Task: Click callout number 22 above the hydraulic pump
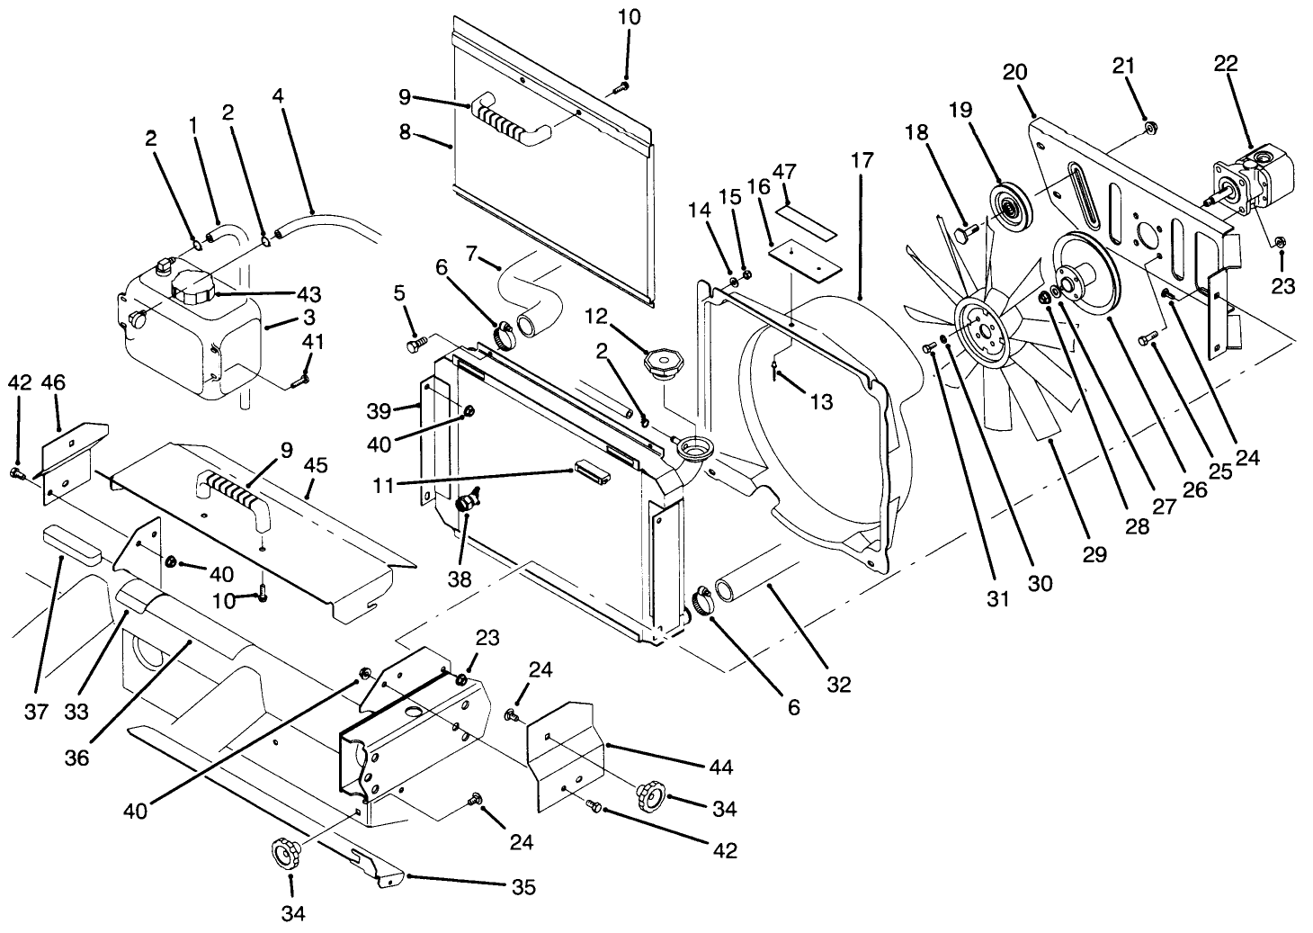point(1225,63)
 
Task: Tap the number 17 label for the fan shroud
point(861,161)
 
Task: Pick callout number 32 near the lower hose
point(838,685)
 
